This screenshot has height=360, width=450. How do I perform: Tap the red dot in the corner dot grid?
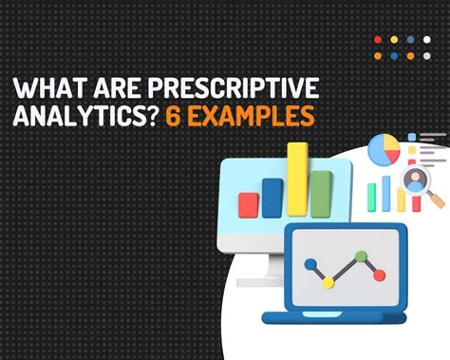click(378, 40)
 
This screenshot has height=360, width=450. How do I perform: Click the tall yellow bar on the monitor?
click(297, 180)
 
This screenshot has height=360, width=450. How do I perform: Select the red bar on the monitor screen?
click(250, 202)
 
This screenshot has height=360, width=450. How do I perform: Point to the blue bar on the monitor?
click(272, 197)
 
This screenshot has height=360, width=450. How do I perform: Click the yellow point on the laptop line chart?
click(328, 281)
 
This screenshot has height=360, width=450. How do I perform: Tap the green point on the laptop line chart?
click(360, 256)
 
